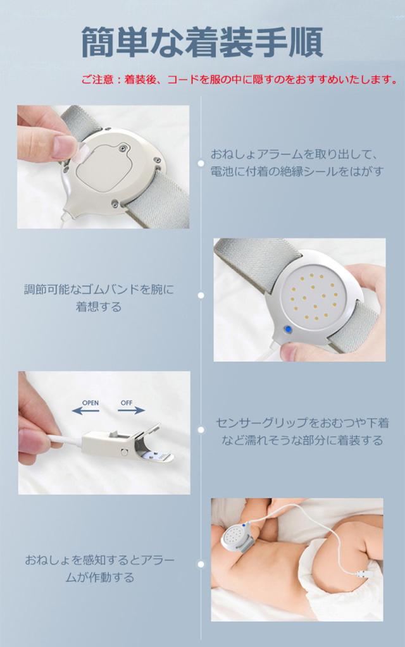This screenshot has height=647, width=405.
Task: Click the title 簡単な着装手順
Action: pyautogui.click(x=202, y=42)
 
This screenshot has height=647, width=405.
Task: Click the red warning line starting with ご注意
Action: pyautogui.click(x=239, y=79)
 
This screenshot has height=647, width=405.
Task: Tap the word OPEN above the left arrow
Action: pyautogui.click(x=90, y=403)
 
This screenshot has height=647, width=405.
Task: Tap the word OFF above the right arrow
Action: pyautogui.click(x=127, y=402)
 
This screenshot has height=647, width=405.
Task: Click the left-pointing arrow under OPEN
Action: pyautogui.click(x=85, y=410)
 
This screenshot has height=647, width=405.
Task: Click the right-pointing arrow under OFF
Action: pyautogui.click(x=132, y=410)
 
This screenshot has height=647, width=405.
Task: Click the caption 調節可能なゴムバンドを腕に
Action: pyautogui.click(x=99, y=289)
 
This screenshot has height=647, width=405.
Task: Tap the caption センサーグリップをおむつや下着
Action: pyautogui.click(x=302, y=422)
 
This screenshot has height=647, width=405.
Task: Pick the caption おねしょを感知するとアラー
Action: pyautogui.click(x=100, y=560)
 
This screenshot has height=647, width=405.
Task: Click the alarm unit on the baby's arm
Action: pyautogui.click(x=236, y=536)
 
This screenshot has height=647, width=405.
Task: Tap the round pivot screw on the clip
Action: pyautogui.click(x=124, y=452)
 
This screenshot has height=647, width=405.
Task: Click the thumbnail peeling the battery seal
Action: pyautogui.click(x=103, y=167)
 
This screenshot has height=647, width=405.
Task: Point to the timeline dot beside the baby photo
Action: pyautogui.click(x=201, y=564)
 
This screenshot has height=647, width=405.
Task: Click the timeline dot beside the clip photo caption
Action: pyautogui.click(x=201, y=429)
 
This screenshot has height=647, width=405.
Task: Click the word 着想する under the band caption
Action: pyautogui.click(x=99, y=307)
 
